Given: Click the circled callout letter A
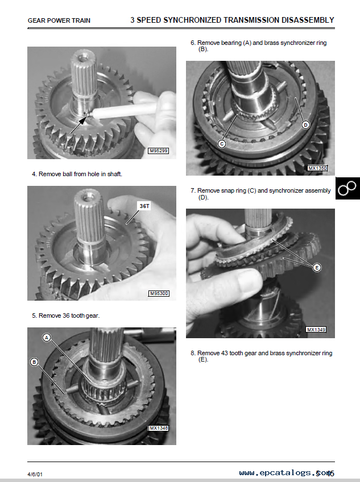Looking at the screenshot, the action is [x=47, y=338].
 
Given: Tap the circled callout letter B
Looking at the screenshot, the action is [x=34, y=362].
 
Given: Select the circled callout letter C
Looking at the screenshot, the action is [x=222, y=144].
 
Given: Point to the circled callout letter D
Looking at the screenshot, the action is [x=305, y=125].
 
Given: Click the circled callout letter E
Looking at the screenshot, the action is [x=317, y=268].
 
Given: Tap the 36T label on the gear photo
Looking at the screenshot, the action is [x=144, y=206].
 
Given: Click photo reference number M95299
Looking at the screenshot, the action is [x=159, y=151].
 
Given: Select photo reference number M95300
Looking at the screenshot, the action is [x=159, y=293].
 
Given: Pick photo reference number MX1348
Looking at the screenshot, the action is [x=159, y=428].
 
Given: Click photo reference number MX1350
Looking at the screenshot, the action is [x=317, y=168].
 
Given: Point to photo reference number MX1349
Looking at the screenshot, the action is [x=316, y=330].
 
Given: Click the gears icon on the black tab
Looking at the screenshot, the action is [x=347, y=188].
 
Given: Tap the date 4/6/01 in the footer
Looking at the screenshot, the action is [x=35, y=474].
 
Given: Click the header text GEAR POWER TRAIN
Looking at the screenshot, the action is [x=59, y=20].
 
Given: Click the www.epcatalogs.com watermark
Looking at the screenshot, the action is [x=287, y=473].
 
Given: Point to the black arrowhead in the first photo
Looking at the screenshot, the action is [x=81, y=121].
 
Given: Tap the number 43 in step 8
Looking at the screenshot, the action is [x=225, y=353].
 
